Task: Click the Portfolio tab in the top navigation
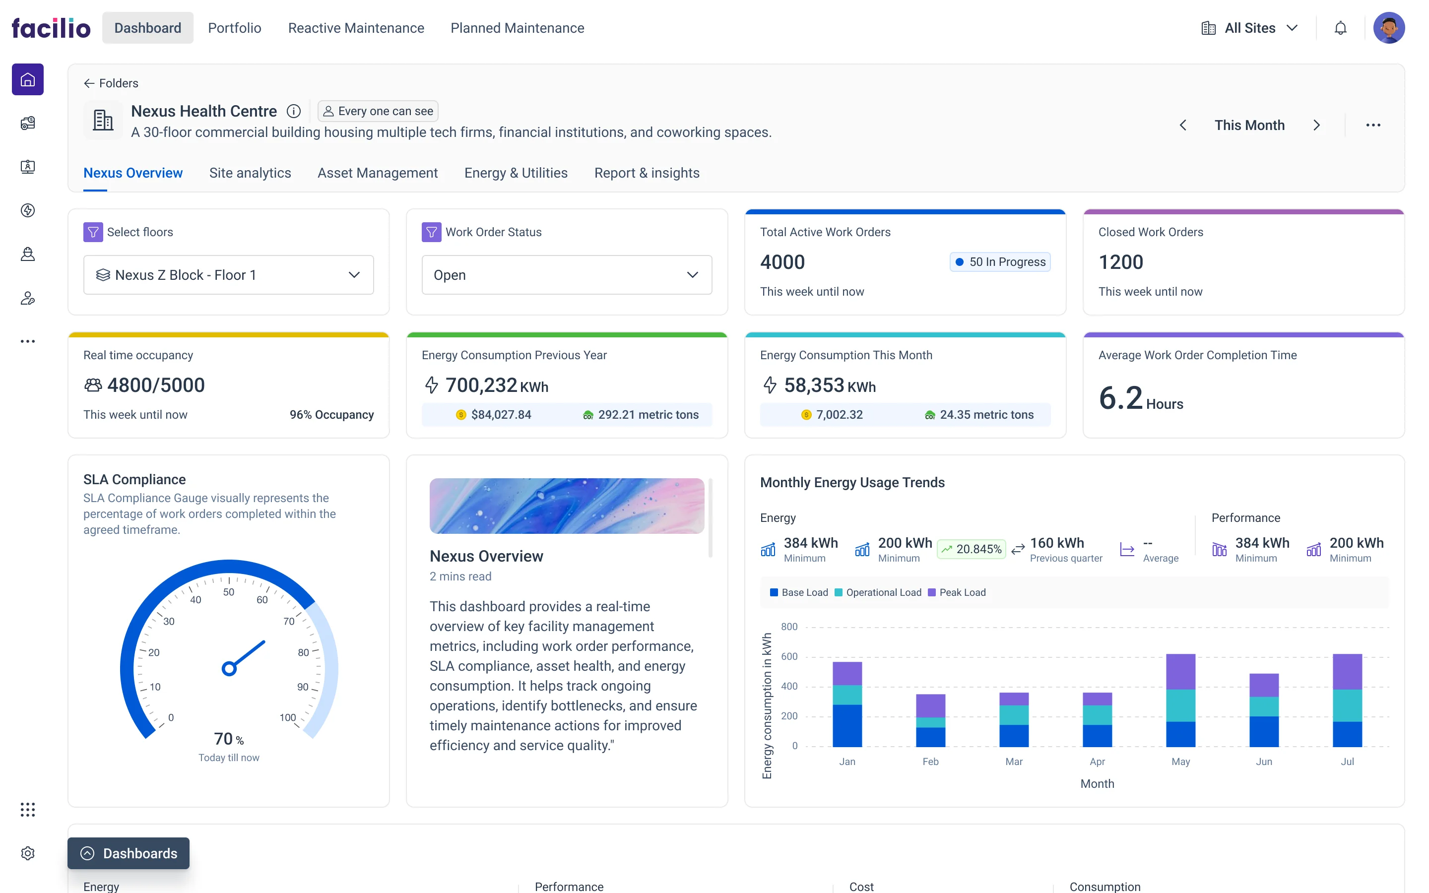234,28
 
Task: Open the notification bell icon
1340,28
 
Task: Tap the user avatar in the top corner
1388,28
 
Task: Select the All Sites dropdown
1249,28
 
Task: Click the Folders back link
111,83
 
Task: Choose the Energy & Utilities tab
516,173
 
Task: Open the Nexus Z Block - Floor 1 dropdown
229,275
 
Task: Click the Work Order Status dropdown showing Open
566,275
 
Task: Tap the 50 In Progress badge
1000,261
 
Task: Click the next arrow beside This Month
1316,125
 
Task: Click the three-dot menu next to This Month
1373,125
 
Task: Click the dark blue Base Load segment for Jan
847,725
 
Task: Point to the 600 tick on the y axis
789,656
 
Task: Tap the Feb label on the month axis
930,762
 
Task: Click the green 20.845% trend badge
972,549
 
